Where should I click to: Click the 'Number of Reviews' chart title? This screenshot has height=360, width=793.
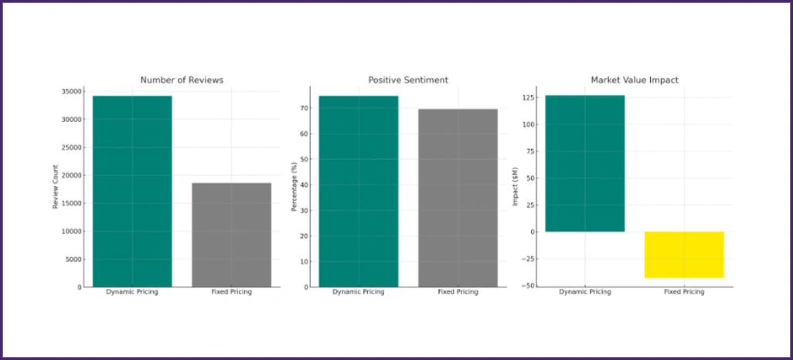[182, 80]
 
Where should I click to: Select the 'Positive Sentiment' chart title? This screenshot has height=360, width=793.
[408, 80]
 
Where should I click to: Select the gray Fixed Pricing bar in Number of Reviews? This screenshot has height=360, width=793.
[232, 235]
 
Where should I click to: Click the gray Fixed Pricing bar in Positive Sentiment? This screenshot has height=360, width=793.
[458, 198]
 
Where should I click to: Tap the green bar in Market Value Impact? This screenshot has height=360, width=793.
[585, 163]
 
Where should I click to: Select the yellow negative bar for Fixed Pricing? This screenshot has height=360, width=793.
[685, 254]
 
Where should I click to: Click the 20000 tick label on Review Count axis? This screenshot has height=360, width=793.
[70, 175]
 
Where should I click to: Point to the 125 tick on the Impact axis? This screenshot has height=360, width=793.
[528, 97]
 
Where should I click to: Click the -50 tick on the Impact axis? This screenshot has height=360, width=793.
[529, 286]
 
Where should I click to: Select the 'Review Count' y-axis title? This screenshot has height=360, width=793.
[55, 189]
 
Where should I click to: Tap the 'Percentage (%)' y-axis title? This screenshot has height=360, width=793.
[293, 189]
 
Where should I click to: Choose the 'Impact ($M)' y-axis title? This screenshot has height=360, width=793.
[516, 189]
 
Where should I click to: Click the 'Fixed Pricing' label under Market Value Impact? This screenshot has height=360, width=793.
[685, 292]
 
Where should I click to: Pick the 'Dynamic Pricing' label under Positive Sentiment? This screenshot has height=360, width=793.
[359, 292]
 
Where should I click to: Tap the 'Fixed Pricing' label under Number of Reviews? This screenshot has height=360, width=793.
[232, 292]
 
